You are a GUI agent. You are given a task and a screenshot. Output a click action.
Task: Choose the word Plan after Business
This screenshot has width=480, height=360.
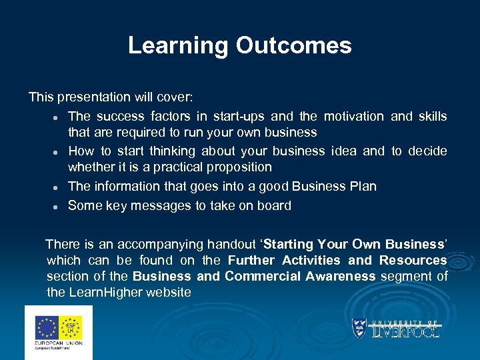click(363, 187)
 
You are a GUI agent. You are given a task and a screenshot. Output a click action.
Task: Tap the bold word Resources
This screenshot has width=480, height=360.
click(413, 260)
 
